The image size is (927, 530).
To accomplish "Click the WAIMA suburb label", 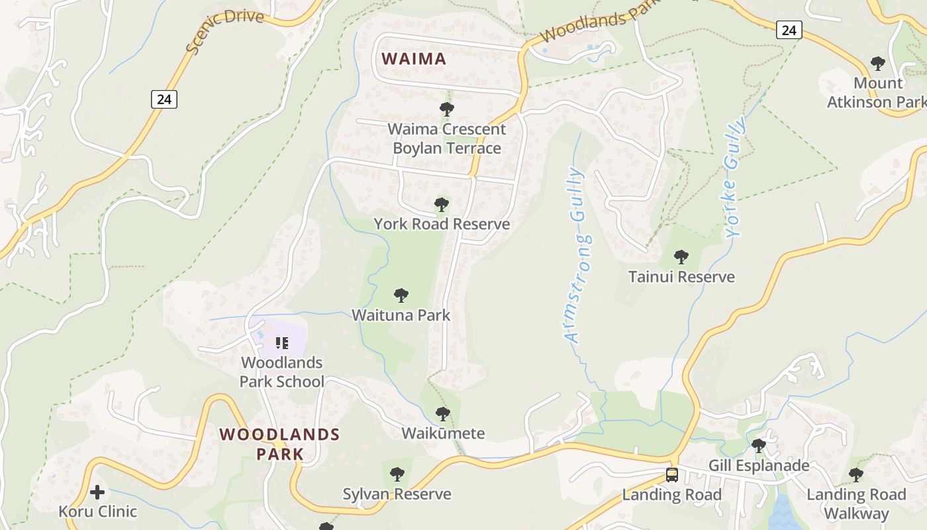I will click(414, 58).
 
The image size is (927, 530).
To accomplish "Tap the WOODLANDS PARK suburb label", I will click(279, 444).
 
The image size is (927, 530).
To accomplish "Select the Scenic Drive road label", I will click(224, 30).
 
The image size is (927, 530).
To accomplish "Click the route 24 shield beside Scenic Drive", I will click(164, 99).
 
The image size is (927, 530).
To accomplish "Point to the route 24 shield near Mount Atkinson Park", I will click(789, 30).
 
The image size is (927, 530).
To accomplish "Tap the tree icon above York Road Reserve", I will click(442, 205).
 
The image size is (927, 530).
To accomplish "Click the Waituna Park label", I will click(401, 315).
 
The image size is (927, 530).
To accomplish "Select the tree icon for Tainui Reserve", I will click(681, 257).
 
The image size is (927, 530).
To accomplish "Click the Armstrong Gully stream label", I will click(577, 255).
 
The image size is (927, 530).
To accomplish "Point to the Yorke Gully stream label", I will click(734, 178).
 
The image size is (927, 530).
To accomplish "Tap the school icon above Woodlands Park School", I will click(282, 343).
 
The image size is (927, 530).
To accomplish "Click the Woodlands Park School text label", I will click(281, 372).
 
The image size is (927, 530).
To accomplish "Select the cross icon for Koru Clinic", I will click(97, 492).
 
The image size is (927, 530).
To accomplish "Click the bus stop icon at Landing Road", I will click(671, 475).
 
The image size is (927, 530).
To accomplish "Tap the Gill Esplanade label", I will click(759, 465).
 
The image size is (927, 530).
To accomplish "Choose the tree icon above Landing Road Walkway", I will click(856, 475).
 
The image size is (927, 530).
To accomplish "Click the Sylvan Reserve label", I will click(397, 494).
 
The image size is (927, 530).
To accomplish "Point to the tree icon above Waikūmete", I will click(443, 414).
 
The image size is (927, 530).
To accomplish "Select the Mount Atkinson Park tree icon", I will click(878, 64).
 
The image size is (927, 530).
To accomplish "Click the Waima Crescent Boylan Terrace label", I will click(447, 138).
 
